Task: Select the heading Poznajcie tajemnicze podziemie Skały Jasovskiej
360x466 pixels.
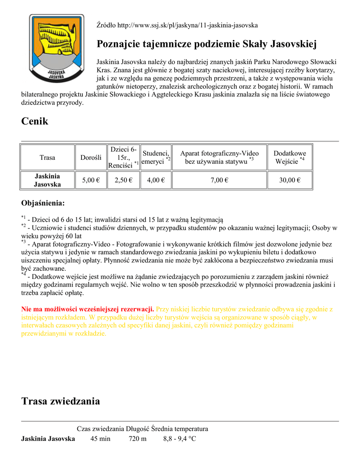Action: click(x=207, y=44)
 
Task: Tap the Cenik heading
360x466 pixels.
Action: click(x=35, y=121)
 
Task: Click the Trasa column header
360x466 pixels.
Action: click(x=47, y=157)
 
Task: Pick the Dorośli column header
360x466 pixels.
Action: click(x=91, y=157)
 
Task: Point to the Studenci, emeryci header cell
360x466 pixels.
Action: click(x=156, y=157)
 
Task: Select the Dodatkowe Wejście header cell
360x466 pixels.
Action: click(x=290, y=157)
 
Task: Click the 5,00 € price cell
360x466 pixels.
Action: click(x=91, y=180)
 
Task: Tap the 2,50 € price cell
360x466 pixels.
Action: click(x=124, y=180)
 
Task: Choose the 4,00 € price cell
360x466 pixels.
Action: click(x=156, y=180)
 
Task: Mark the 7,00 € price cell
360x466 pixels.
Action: click(x=219, y=180)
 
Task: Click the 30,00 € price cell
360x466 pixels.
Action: click(x=290, y=180)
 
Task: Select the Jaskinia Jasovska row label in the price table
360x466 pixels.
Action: click(x=47, y=180)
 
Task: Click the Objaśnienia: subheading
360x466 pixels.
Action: click(x=43, y=203)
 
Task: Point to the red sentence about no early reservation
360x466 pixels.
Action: click(x=88, y=309)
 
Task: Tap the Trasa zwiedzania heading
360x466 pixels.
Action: click(x=61, y=401)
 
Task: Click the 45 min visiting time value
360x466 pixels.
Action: click(x=100, y=439)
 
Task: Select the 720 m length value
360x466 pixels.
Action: click(x=137, y=439)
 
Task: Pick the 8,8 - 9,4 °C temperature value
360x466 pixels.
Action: click(x=179, y=439)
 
